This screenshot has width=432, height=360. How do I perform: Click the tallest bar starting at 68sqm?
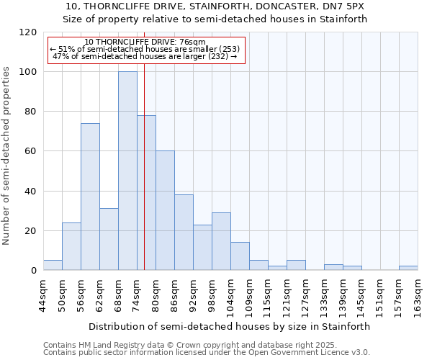(127, 171)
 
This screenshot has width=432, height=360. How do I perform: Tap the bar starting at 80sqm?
(165, 210)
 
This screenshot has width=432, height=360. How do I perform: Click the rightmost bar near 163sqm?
(408, 268)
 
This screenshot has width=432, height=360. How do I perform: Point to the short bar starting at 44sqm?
(53, 265)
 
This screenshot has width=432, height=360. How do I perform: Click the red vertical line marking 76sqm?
(144, 180)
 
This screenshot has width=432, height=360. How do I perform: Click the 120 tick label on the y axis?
(28, 32)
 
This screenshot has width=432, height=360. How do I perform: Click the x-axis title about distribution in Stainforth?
(230, 326)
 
